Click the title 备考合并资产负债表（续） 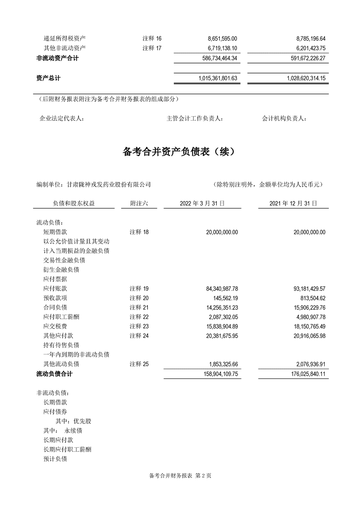180,152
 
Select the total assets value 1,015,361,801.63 218,78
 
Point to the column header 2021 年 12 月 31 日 293,204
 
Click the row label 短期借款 55,232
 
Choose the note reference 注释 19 139,289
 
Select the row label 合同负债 55,308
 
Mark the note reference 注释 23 139,326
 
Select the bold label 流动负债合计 54,374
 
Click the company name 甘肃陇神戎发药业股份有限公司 108,185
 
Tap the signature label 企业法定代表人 62,119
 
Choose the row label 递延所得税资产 64,39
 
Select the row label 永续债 73,431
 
